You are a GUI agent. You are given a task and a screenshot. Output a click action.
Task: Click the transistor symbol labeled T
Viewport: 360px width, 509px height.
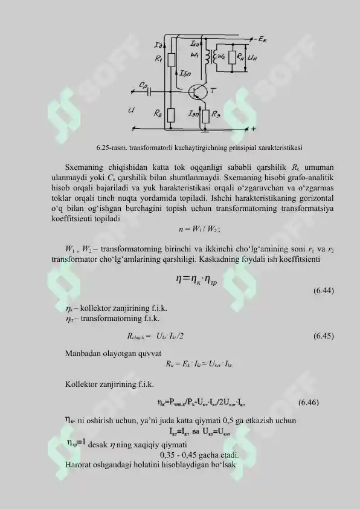(x=198, y=91)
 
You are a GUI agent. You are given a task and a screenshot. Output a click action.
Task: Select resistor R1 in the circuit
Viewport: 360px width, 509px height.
(x=171, y=60)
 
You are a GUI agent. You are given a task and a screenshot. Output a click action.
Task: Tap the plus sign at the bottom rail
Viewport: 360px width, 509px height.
(x=253, y=129)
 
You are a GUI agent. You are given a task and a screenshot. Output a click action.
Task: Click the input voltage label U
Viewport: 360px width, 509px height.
(x=131, y=110)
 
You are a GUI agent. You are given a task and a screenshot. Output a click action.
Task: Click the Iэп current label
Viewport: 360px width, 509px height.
(x=194, y=112)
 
